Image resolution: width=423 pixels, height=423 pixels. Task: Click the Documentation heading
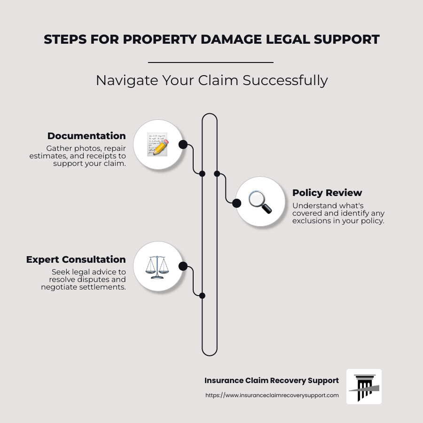[86, 136]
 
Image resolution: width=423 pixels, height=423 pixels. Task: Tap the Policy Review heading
[327, 193]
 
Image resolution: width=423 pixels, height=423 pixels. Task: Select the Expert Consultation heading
[76, 259]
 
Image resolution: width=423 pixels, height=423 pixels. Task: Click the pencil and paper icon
[157, 144]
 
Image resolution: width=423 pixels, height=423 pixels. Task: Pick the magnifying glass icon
[260, 202]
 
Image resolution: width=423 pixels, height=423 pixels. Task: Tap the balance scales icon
[157, 266]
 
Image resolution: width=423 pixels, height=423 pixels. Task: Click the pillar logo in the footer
[364, 386]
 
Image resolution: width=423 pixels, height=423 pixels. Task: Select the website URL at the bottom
[272, 395]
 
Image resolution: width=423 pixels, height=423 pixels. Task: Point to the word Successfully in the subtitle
[285, 80]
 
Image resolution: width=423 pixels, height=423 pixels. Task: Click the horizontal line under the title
[211, 62]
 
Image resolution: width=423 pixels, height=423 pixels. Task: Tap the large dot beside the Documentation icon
[183, 144]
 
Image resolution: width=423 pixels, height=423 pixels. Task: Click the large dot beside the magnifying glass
[237, 203]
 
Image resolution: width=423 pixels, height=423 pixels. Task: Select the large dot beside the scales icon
[183, 266]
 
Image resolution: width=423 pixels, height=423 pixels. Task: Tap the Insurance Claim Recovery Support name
[272, 380]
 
